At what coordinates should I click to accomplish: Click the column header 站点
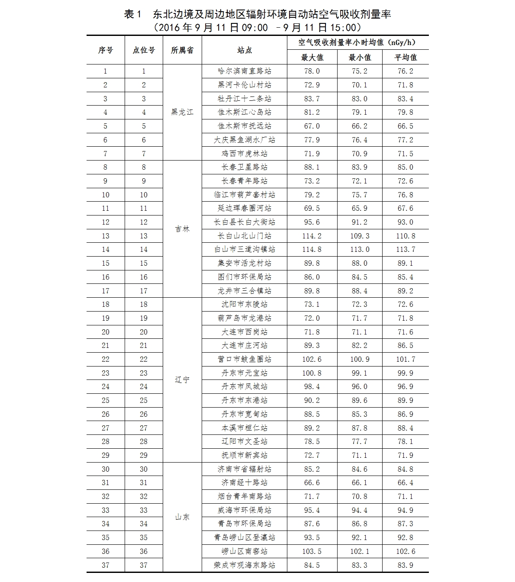[245, 50]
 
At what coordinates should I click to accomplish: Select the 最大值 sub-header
[312, 58]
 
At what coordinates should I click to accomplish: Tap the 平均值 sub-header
[406, 58]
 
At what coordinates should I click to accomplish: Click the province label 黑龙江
[182, 113]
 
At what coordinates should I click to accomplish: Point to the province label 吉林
[182, 229]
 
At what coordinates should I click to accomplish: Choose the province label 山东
[182, 517]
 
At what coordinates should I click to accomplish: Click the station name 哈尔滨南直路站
[245, 71]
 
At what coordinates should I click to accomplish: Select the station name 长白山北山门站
[245, 236]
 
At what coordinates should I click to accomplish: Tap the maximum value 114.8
[312, 250]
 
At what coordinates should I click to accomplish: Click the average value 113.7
[406, 250]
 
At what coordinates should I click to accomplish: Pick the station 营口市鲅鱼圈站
[245, 359]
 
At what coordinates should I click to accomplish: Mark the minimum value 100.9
[359, 359]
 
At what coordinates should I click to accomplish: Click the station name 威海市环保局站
[245, 510]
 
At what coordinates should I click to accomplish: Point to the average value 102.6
[406, 551]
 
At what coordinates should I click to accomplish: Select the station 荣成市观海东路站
[245, 565]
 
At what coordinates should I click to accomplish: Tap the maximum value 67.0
[312, 126]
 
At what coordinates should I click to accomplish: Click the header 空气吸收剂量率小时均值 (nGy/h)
[357, 43]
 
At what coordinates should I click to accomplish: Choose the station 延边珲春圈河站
[245, 209]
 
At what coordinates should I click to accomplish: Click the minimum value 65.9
[359, 209]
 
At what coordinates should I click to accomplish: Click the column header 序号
[105, 50]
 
